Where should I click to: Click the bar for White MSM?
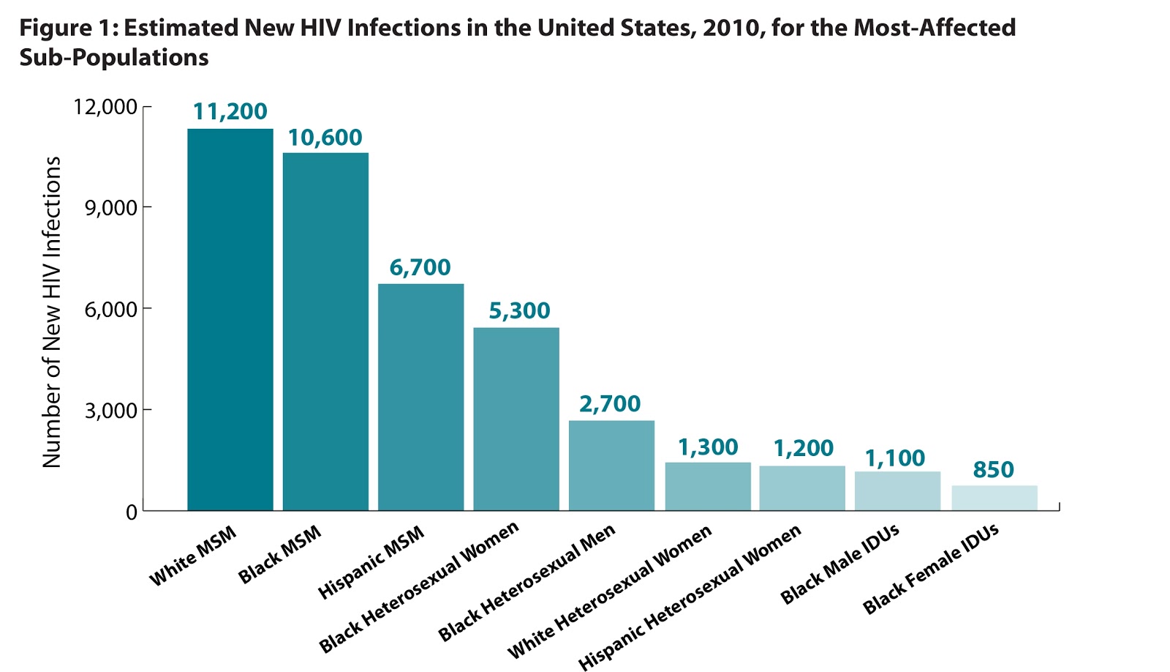[x=230, y=319]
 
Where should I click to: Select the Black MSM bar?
[x=325, y=331]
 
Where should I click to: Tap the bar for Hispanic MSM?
[x=420, y=397]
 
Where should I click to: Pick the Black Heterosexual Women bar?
[x=516, y=419]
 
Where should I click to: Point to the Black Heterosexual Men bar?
[x=611, y=465]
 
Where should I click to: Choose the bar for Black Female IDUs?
[x=994, y=497]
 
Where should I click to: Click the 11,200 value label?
[x=230, y=111]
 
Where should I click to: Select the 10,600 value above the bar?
[x=325, y=138]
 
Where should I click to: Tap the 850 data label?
[x=993, y=469]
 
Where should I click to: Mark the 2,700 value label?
[x=610, y=403]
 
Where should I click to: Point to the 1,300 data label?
[x=707, y=447]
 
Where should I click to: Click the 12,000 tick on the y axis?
[x=105, y=107]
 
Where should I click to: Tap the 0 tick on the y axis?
[x=131, y=512]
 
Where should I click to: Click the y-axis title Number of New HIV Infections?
[x=51, y=312]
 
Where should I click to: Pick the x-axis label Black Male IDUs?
[x=839, y=564]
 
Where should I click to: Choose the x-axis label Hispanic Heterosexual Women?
[x=690, y=597]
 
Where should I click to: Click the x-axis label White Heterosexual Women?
[x=609, y=592]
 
